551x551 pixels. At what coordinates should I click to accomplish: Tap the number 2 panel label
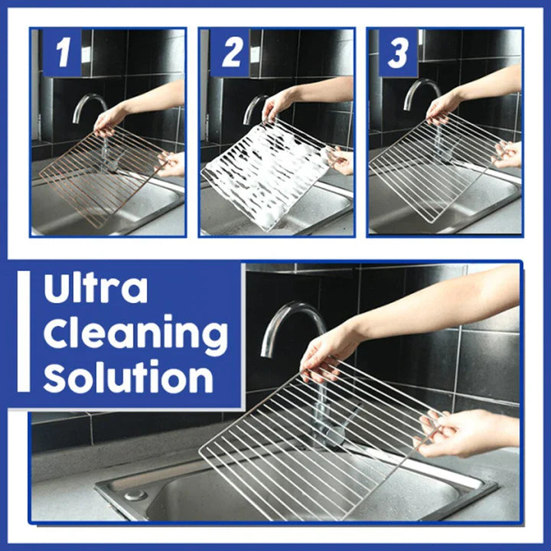click(x=232, y=54)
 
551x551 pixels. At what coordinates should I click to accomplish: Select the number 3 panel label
click(x=399, y=54)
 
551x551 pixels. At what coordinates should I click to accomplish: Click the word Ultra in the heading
click(x=96, y=290)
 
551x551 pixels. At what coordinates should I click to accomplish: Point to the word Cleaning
click(x=135, y=334)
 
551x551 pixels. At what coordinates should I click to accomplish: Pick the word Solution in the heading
click(x=129, y=378)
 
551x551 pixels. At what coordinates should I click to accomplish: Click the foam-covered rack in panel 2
click(x=264, y=172)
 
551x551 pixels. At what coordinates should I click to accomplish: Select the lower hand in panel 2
click(x=341, y=159)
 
